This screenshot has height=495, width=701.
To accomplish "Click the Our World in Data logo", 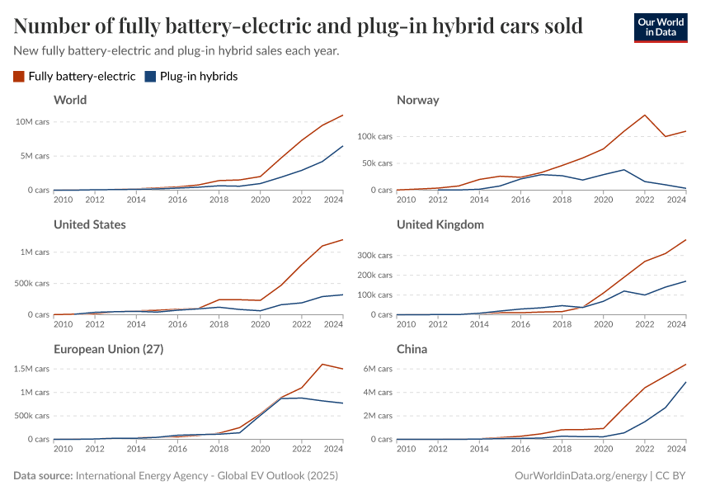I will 661,27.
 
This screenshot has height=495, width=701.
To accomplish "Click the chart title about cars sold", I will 299,26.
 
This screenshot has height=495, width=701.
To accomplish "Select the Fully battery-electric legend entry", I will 74,77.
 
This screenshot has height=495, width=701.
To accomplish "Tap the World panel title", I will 70,100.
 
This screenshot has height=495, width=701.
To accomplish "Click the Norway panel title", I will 417,100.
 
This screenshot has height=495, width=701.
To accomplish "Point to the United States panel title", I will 89,224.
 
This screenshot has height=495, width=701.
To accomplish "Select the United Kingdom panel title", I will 440,224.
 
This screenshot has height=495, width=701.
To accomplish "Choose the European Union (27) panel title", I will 108,349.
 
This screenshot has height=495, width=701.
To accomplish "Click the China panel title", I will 412,349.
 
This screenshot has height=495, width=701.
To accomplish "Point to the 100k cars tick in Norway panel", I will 374,136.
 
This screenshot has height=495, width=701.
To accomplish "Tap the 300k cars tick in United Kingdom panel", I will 374,256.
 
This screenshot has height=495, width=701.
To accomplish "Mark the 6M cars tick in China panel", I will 376,369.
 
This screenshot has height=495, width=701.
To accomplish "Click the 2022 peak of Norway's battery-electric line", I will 644,115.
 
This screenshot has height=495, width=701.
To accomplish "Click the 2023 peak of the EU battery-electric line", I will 322,364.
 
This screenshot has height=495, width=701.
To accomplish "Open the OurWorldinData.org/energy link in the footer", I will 581,476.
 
